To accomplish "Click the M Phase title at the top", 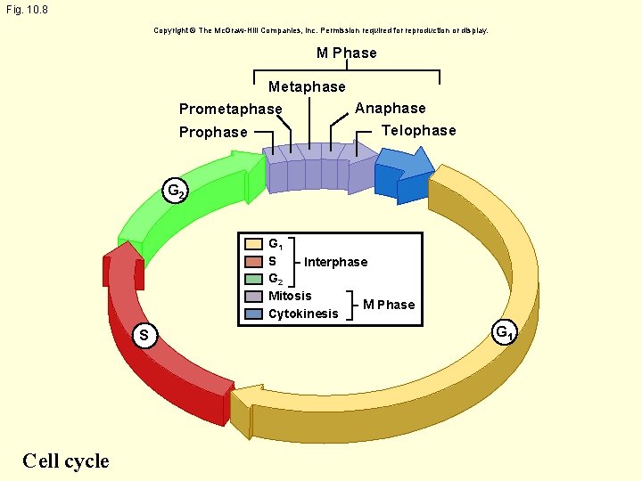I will [347, 53].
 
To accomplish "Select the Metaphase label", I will [307, 86].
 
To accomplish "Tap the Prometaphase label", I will [230, 110].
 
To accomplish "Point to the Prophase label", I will [213, 132].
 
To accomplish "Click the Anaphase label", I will [391, 108].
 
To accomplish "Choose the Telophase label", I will [418, 130].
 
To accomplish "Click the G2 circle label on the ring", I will [176, 190].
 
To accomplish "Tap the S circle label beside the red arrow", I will [143, 335].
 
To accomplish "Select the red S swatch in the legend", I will [253, 261].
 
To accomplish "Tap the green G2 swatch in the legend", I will [253, 279].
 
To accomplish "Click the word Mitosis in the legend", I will [290, 296].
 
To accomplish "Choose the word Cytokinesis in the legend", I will [303, 314].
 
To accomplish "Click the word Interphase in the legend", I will [335, 262].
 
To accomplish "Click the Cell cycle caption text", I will [65, 461].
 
